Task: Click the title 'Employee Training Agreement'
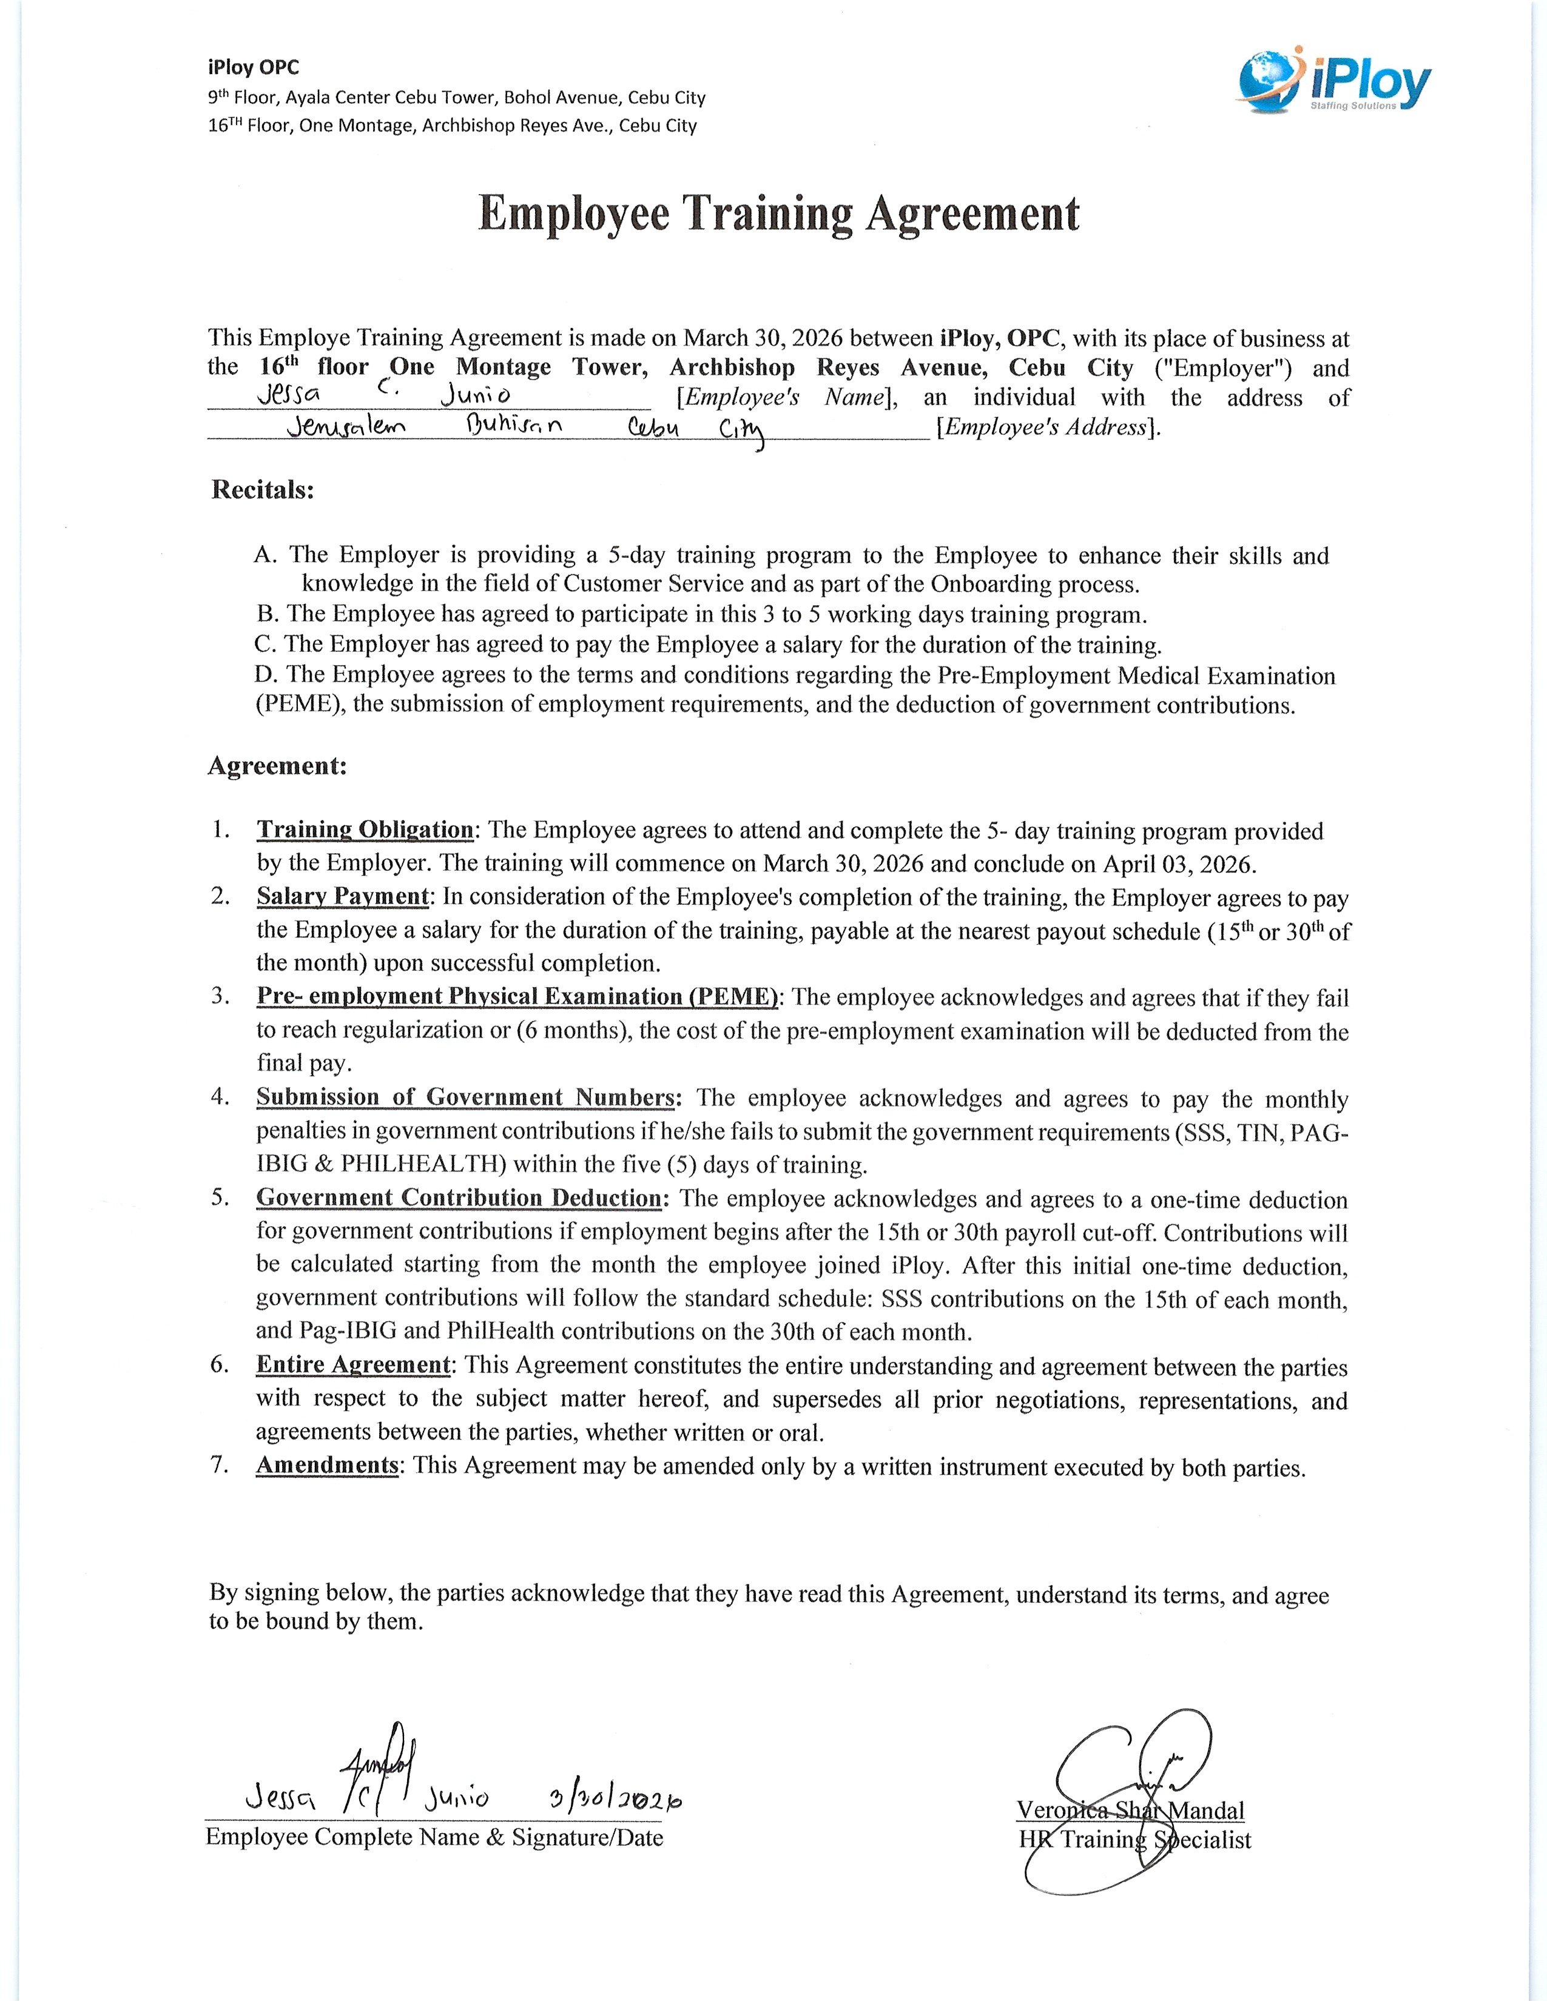778,215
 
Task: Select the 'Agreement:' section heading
277,765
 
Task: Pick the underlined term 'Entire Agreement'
353,1364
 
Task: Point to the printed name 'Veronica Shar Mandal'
1130,1811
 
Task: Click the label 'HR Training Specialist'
1134,1840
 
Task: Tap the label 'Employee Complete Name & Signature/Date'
434,1837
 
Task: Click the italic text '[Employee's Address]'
1048,428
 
